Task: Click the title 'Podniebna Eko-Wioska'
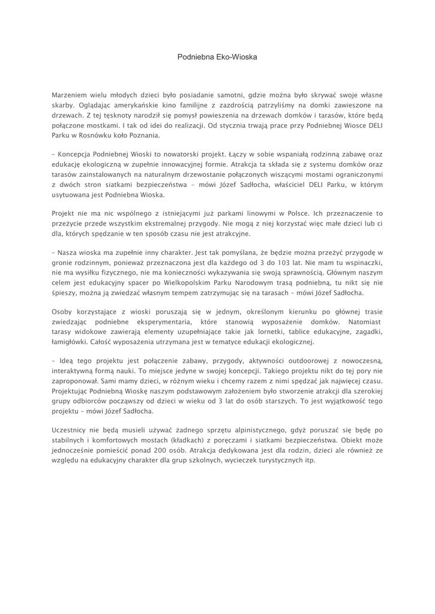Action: click(217, 57)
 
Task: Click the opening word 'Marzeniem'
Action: click(71, 95)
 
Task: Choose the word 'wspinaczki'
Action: click(363, 263)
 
